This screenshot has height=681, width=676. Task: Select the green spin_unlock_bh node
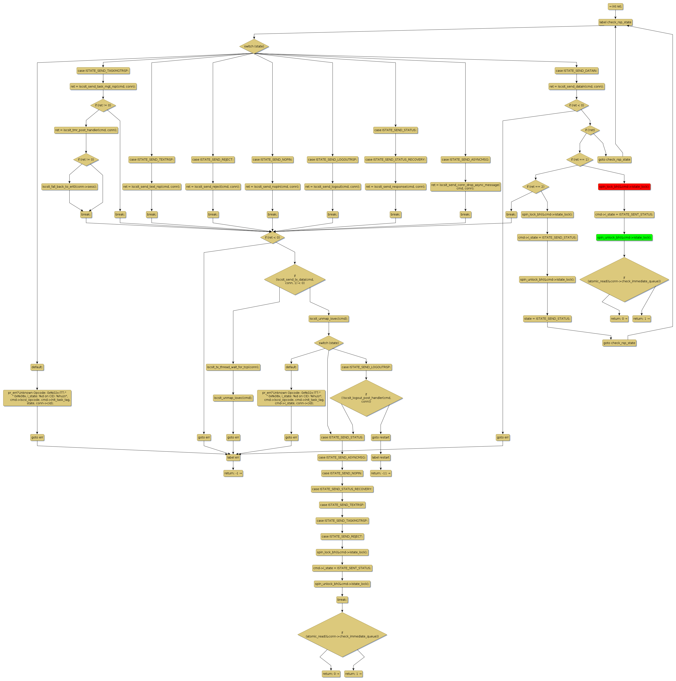click(x=624, y=238)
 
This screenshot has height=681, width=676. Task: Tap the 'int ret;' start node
click(x=615, y=6)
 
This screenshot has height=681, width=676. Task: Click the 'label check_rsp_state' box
click(x=615, y=22)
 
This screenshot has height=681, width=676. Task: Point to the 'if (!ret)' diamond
click(x=590, y=130)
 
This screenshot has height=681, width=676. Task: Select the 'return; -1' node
click(x=233, y=473)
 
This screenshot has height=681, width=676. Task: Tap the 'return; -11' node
click(x=380, y=473)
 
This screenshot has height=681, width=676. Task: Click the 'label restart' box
click(x=380, y=458)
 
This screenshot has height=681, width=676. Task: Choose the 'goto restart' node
click(x=380, y=437)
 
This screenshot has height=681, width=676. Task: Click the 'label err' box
click(x=233, y=458)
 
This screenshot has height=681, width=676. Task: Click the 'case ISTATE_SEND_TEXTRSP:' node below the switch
click(x=152, y=160)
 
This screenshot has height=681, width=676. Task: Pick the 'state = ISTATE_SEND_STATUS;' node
click(x=547, y=319)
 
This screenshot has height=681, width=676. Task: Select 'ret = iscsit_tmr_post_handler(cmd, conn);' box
click(x=86, y=130)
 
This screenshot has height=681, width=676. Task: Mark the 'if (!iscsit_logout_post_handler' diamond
click(x=366, y=398)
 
